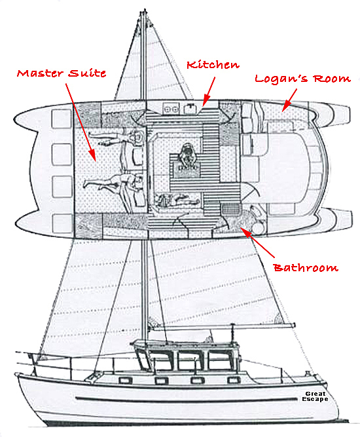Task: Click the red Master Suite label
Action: (x=62, y=73)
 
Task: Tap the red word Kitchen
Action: (x=213, y=65)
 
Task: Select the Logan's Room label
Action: (x=302, y=79)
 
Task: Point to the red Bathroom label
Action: (x=306, y=267)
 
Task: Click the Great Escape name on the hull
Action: (x=315, y=396)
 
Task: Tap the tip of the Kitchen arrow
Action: (x=204, y=107)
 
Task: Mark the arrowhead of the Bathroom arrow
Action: (x=240, y=227)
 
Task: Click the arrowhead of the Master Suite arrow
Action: (x=96, y=161)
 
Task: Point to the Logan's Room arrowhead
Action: (x=283, y=111)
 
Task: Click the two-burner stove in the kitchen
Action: (x=171, y=109)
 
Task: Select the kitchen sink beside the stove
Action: (x=190, y=108)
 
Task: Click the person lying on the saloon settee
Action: (x=177, y=200)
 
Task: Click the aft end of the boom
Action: (x=293, y=325)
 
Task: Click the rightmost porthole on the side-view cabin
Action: (x=233, y=380)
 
